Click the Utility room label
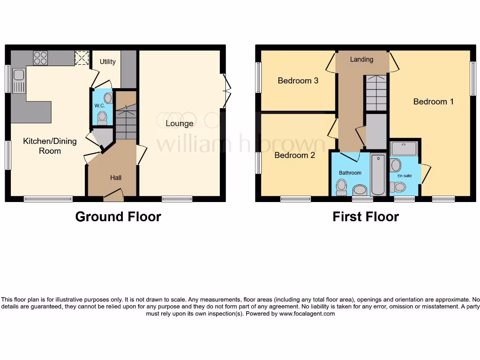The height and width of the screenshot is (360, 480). pyautogui.click(x=107, y=61)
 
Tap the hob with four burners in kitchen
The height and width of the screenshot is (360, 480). pyautogui.click(x=40, y=58)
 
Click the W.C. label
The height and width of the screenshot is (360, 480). pyautogui.click(x=99, y=105)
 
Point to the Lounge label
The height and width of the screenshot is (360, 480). pyautogui.click(x=179, y=123)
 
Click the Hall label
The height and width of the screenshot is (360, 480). pyautogui.click(x=116, y=178)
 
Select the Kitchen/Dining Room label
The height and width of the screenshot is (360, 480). pyautogui.click(x=50, y=146)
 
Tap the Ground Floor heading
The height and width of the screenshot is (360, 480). pyautogui.click(x=118, y=217)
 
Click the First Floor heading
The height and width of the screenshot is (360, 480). pyautogui.click(x=366, y=217)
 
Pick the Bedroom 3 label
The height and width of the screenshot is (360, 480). pyautogui.click(x=298, y=81)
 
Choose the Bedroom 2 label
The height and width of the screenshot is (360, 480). pyautogui.click(x=294, y=155)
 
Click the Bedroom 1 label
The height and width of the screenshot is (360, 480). pyautogui.click(x=433, y=101)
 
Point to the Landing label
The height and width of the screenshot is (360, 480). pyautogui.click(x=361, y=60)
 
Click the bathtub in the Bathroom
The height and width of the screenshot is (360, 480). pyautogui.click(x=378, y=174)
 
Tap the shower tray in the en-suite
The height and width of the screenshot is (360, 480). pyautogui.click(x=405, y=149)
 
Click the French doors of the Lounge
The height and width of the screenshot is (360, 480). pyautogui.click(x=227, y=90)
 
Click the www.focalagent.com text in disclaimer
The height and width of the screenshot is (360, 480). pyautogui.click(x=307, y=314)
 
